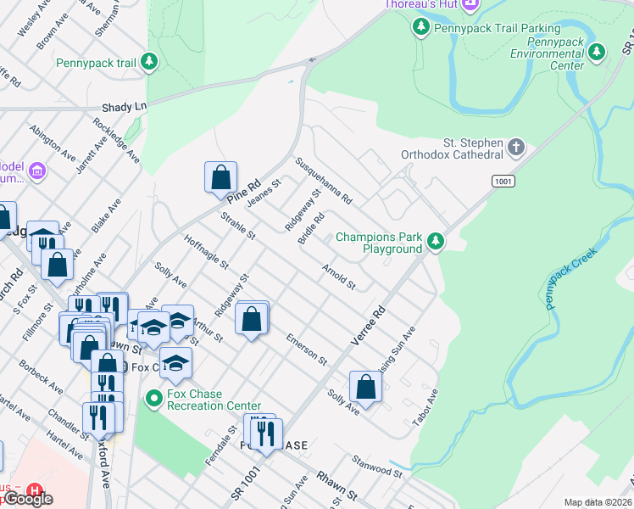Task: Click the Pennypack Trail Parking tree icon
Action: [x=420, y=28]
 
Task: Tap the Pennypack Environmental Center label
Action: [x=547, y=53]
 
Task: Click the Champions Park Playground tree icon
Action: [x=436, y=243]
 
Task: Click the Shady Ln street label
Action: [x=124, y=107]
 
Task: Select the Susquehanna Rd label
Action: [x=323, y=181]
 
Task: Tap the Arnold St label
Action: [x=337, y=275]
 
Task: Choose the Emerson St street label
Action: [x=306, y=348]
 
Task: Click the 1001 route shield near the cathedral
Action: [x=503, y=181]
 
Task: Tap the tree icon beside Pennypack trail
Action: [x=149, y=62]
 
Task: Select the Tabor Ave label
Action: [x=425, y=409]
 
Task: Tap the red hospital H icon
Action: [x=34, y=490]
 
